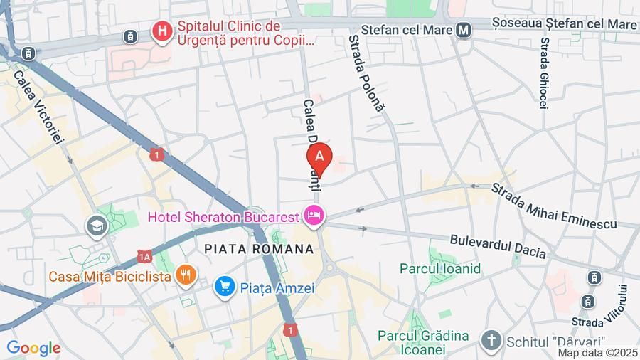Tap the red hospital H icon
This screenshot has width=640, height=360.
[163, 32]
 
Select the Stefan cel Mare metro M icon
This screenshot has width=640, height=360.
[464, 31]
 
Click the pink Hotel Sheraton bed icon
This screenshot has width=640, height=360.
[314, 213]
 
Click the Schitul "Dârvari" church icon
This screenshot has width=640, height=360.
[491, 341]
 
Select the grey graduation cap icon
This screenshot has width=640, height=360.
[97, 226]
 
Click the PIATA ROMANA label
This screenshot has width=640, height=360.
[259, 249]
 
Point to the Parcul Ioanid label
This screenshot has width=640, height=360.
[440, 269]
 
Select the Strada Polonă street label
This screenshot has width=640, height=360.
[366, 73]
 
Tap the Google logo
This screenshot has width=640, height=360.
[33, 349]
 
